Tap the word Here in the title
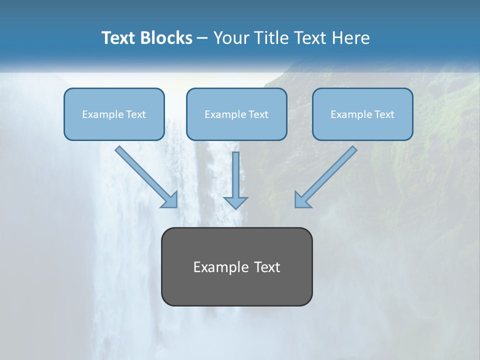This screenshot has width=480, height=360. click(350, 38)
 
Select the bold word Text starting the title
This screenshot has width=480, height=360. click(119, 38)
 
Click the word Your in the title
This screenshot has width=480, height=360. click(231, 38)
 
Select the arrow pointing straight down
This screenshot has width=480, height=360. click(235, 175)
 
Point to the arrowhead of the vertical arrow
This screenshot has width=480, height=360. click(235, 202)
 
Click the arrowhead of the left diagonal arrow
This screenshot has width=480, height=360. click(170, 200)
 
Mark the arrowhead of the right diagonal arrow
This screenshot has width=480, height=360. click(302, 200)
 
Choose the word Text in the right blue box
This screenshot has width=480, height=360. click(384, 114)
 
